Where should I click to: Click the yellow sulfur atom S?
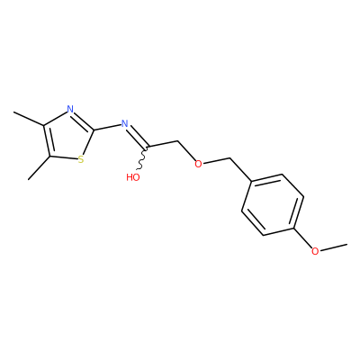80,159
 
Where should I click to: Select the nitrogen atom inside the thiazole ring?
70,109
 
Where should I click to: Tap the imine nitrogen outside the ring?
124,123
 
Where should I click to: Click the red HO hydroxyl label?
133,177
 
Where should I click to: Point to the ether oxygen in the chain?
198,164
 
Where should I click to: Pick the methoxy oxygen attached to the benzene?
315,251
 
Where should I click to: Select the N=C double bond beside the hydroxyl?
138,137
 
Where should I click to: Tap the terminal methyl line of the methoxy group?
333,247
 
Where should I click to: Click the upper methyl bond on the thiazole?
29,119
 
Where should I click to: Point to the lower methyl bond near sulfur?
39,168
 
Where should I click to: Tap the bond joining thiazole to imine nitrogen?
107,127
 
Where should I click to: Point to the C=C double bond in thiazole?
48,140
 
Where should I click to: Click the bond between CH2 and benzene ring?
240,170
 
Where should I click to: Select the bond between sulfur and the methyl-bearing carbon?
63,157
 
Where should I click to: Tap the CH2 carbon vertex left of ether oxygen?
178,140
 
